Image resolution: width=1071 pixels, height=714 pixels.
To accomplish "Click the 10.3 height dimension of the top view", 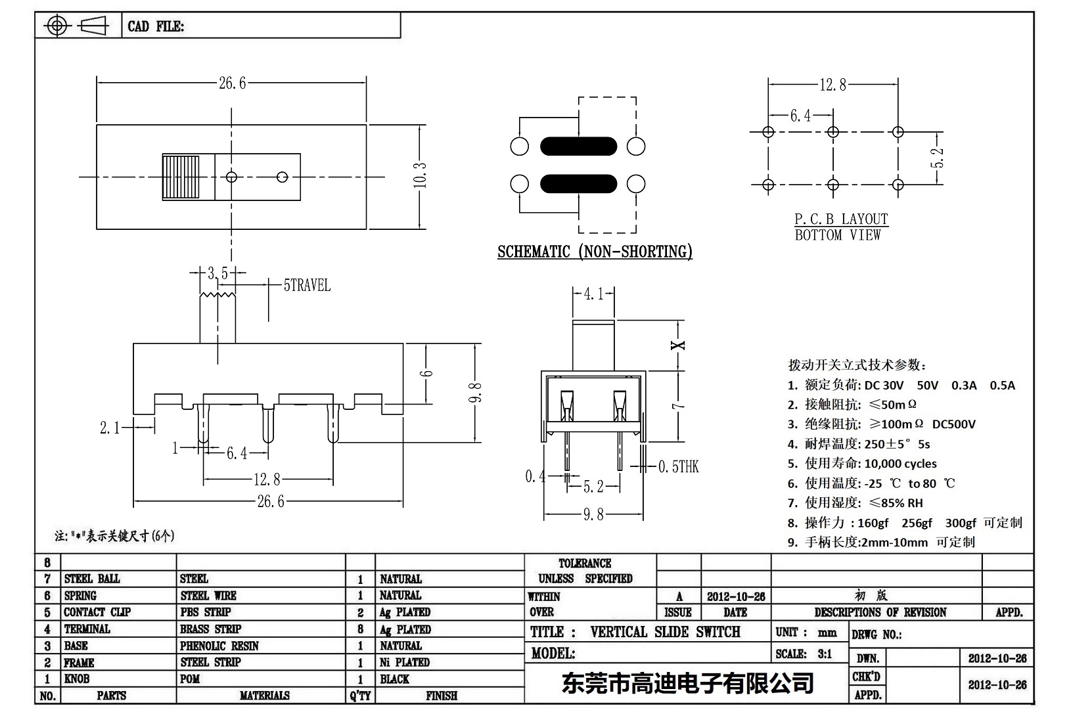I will [421, 176].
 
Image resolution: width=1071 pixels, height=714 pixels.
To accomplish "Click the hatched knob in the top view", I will [188, 177].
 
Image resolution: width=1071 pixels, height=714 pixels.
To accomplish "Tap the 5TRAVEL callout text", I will [306, 286].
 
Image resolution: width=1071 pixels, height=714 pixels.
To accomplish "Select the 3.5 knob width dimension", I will [217, 273].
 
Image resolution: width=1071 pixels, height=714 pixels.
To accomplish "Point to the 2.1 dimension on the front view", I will [110, 428].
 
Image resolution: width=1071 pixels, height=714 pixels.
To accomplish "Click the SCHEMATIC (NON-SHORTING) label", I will [595, 252].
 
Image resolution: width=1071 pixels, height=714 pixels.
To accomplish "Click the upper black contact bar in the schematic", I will [578, 146].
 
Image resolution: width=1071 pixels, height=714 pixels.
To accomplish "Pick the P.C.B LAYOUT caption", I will [841, 219].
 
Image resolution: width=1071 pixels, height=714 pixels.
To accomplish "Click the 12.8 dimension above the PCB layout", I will [832, 85].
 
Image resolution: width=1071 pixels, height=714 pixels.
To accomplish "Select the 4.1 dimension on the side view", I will [593, 294].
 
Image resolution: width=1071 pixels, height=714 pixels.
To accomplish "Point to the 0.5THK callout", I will [679, 467].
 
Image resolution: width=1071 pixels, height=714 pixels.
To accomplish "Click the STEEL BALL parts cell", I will [92, 579].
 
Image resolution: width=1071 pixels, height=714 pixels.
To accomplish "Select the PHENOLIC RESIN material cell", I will [219, 646].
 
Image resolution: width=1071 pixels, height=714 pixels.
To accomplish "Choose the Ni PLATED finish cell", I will [405, 662].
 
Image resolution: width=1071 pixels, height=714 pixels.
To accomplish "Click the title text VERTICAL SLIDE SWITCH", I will [665, 632].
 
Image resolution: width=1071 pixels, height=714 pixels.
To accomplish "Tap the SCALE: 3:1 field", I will [804, 654].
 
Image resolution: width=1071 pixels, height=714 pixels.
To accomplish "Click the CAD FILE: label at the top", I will [156, 26].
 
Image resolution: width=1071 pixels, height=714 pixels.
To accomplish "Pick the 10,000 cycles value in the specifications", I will [900, 464].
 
